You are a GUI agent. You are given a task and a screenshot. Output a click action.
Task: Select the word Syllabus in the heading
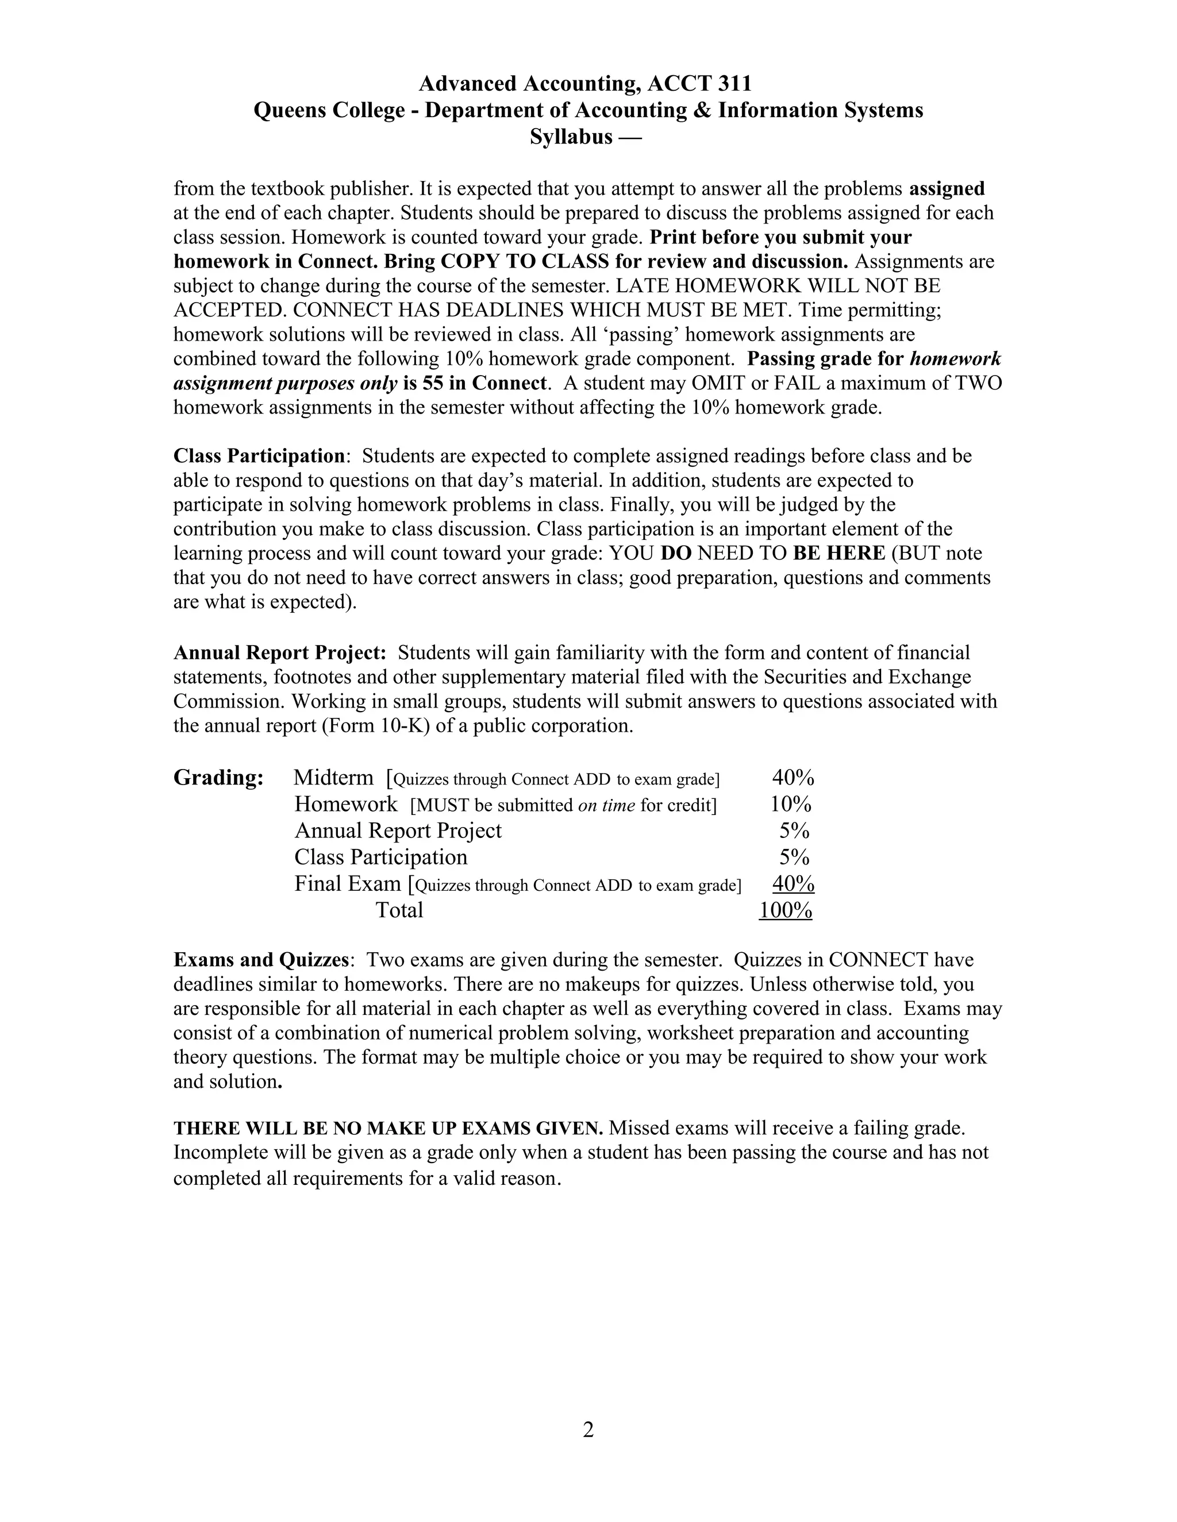(570, 137)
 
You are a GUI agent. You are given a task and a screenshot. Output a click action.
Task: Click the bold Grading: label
(218, 778)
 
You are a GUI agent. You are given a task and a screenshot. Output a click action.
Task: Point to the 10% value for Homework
(791, 804)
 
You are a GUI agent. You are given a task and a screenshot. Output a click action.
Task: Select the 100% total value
(786, 910)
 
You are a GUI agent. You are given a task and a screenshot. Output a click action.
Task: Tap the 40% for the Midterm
(793, 778)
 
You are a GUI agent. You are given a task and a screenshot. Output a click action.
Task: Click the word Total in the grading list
(399, 910)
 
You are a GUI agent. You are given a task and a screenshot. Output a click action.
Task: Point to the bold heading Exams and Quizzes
(261, 960)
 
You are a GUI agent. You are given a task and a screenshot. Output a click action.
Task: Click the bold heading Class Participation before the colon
(259, 456)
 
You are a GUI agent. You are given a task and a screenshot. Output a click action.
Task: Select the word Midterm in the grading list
(333, 778)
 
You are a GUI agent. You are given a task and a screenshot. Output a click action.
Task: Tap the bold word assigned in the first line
(947, 189)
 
